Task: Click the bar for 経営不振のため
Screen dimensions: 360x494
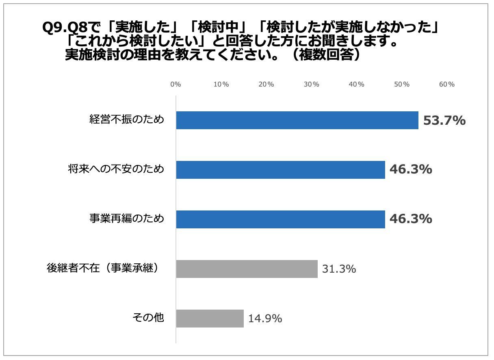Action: (x=297, y=120)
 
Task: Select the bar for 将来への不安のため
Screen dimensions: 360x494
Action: (x=280, y=170)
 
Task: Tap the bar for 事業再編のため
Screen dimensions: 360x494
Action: (x=280, y=219)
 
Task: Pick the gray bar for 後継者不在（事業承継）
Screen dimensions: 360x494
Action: (x=247, y=269)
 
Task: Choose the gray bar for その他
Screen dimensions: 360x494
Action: (x=210, y=319)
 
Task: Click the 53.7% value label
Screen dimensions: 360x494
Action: (x=444, y=121)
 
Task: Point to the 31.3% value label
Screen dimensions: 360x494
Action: (x=339, y=269)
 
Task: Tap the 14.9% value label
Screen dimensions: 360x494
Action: (x=265, y=319)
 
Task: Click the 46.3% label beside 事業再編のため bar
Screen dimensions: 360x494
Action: (x=410, y=219)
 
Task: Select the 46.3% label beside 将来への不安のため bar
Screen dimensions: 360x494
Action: (x=410, y=170)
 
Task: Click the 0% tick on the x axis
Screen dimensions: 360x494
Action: (x=175, y=85)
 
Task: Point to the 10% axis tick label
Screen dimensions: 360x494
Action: (x=221, y=85)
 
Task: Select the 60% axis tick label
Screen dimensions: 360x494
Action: (x=446, y=85)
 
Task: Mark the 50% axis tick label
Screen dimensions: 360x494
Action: (x=401, y=85)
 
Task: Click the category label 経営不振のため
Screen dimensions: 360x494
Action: (x=127, y=120)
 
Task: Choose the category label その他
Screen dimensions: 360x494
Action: (x=148, y=318)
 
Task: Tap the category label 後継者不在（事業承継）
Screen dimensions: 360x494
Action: (x=102, y=269)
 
